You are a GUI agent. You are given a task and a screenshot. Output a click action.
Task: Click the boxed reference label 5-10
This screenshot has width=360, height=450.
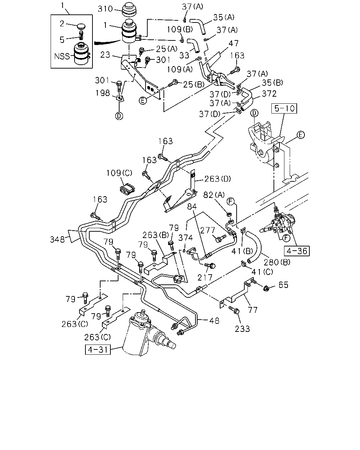[x=284, y=108]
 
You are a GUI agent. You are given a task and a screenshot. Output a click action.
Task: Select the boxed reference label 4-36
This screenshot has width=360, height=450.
[x=297, y=251]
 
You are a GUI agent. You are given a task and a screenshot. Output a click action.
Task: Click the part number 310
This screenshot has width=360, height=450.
[x=105, y=9]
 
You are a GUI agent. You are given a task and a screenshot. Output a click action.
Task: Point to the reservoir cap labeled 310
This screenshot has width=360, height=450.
[x=129, y=10]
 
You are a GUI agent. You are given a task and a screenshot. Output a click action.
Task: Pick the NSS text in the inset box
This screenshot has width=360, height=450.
[x=62, y=56]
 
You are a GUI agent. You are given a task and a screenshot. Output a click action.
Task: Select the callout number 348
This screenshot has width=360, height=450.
[x=57, y=239]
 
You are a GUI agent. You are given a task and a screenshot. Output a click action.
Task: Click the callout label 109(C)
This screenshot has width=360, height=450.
[x=119, y=173]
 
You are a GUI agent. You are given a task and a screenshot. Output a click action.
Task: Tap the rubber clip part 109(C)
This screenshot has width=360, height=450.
[x=127, y=188]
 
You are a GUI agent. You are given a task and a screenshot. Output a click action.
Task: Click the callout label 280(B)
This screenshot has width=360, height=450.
[x=277, y=262]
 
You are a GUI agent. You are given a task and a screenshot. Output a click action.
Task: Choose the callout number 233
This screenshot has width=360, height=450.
[x=242, y=329]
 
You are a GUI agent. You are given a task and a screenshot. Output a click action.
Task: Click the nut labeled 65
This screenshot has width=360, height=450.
[x=266, y=289]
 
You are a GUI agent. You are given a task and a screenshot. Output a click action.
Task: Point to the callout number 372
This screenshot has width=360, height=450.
[x=269, y=94]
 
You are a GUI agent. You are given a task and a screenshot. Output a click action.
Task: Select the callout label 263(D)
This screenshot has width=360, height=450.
[x=217, y=179]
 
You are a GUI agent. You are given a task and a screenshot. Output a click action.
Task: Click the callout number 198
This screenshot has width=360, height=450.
[x=103, y=93]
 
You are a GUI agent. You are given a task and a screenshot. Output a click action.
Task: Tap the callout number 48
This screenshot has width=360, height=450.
[x=214, y=321]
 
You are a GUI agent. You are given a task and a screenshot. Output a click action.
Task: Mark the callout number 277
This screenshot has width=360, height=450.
[x=208, y=230]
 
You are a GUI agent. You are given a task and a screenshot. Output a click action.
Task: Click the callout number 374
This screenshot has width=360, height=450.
[x=186, y=238]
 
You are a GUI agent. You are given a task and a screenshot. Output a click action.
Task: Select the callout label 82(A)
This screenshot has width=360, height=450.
[x=214, y=195]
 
